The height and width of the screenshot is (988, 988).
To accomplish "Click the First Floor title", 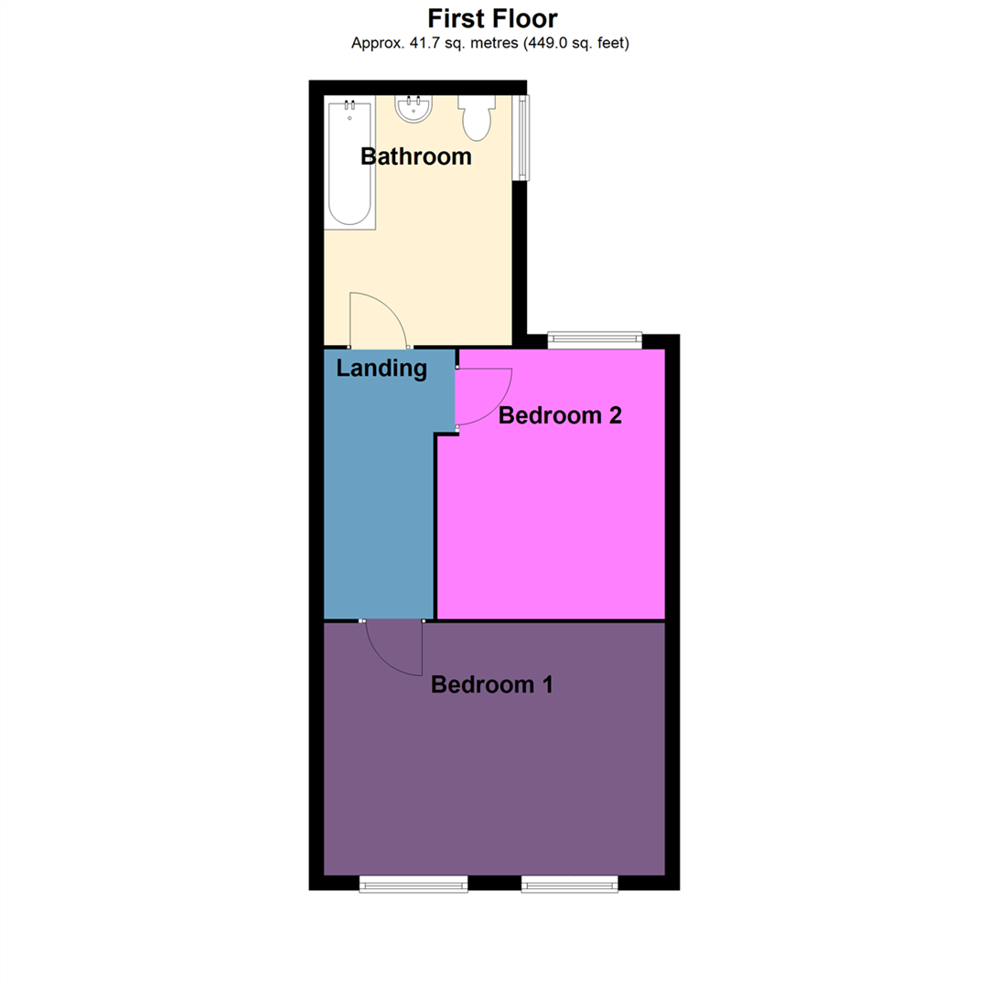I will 492,18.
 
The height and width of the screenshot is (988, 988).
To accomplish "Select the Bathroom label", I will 416,156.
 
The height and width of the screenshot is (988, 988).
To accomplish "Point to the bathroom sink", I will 413,109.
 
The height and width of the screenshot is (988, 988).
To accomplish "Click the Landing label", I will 381,369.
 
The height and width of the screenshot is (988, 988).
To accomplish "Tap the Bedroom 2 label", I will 560,415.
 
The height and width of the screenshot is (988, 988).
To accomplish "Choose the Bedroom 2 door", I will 485,395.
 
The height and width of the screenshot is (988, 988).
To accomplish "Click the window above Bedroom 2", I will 595,339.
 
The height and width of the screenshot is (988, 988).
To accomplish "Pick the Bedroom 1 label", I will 492,684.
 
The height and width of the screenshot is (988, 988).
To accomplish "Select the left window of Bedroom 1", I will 413,884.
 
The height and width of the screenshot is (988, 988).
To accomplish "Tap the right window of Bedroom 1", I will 569,884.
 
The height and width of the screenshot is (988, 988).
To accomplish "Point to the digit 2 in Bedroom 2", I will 615,415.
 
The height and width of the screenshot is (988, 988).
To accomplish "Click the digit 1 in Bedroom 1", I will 546,684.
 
